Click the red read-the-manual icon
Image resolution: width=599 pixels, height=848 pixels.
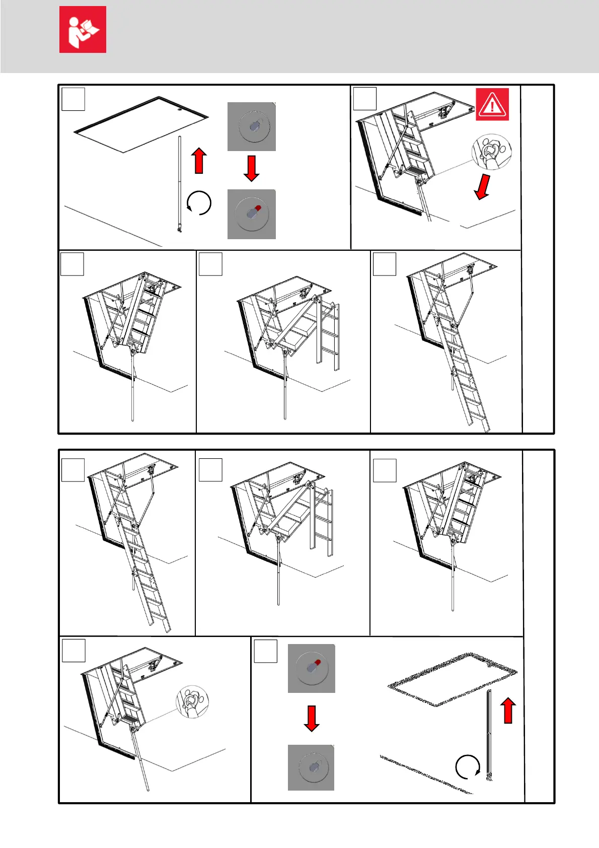[83, 29]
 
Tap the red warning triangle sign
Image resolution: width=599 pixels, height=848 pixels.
[492, 104]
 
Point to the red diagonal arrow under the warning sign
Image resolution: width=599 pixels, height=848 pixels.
[483, 187]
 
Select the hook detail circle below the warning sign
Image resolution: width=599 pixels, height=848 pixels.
[491, 152]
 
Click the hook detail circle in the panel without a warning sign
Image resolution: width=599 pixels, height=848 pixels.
[192, 701]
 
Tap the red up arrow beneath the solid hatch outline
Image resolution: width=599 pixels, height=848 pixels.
[199, 161]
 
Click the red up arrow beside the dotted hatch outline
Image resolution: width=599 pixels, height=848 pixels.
[508, 711]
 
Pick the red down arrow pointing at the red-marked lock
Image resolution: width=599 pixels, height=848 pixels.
[251, 168]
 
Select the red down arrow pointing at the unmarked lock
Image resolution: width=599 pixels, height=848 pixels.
[312, 719]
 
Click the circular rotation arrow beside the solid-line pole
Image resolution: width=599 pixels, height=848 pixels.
[199, 203]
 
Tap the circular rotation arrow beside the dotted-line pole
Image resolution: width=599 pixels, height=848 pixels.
[468, 767]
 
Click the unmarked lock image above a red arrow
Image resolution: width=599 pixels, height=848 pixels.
[251, 126]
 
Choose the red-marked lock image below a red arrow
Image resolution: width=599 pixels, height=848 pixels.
[251, 214]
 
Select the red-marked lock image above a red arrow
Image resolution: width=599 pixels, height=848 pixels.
[311, 668]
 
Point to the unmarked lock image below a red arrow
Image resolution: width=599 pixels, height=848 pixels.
[311, 767]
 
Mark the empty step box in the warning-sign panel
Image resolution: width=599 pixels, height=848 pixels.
[364, 98]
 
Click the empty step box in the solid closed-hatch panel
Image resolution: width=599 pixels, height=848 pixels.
[73, 99]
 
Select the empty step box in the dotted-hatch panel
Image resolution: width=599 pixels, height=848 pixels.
[265, 651]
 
